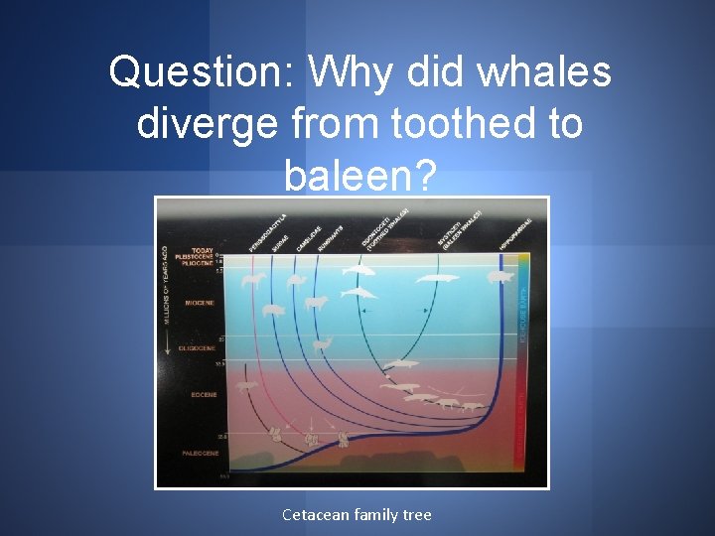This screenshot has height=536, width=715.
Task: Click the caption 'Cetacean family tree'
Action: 357,514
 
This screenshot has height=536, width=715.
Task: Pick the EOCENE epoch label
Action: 204,394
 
